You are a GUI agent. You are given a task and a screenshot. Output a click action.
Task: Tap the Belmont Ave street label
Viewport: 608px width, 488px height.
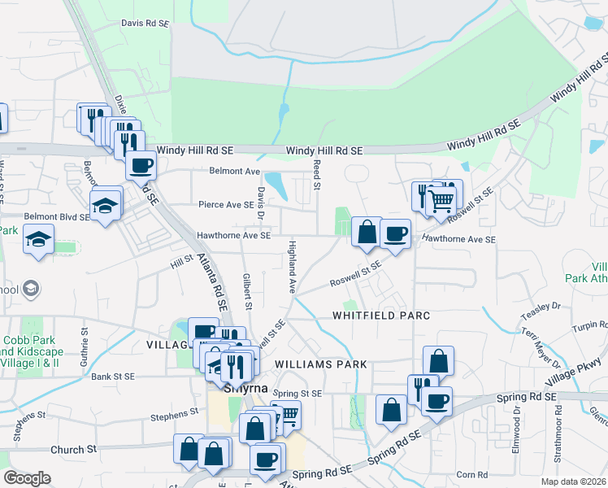tap(234, 171)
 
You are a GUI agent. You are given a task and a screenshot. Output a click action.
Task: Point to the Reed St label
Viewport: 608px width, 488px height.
tap(316, 175)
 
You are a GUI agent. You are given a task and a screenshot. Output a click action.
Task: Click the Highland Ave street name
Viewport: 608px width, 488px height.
tap(290, 267)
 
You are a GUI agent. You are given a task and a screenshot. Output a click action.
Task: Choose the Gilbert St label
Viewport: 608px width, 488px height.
tap(246, 290)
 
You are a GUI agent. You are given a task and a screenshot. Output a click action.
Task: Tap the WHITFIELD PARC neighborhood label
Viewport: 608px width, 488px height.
tap(380, 315)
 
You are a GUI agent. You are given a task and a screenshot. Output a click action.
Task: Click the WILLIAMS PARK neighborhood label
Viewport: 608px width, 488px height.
tap(321, 364)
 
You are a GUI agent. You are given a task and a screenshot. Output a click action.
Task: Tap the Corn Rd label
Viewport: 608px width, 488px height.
tap(471, 475)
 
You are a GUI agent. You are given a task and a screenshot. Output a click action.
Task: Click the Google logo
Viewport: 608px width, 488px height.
tap(27, 478)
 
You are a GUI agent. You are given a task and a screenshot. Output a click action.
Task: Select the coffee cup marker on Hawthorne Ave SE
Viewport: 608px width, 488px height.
tap(395, 234)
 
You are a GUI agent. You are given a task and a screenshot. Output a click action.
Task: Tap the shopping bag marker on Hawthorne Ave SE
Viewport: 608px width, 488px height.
tap(367, 232)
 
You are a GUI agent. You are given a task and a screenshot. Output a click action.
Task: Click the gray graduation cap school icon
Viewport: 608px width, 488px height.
tap(31, 289)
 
